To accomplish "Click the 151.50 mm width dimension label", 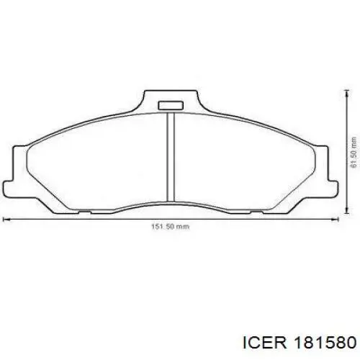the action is tap(170, 226).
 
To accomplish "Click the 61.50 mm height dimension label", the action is tap(354, 153).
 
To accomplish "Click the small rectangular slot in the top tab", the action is tap(171, 105).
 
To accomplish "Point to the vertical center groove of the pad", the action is tap(171, 157).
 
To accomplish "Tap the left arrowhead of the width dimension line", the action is tap(5, 219).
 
